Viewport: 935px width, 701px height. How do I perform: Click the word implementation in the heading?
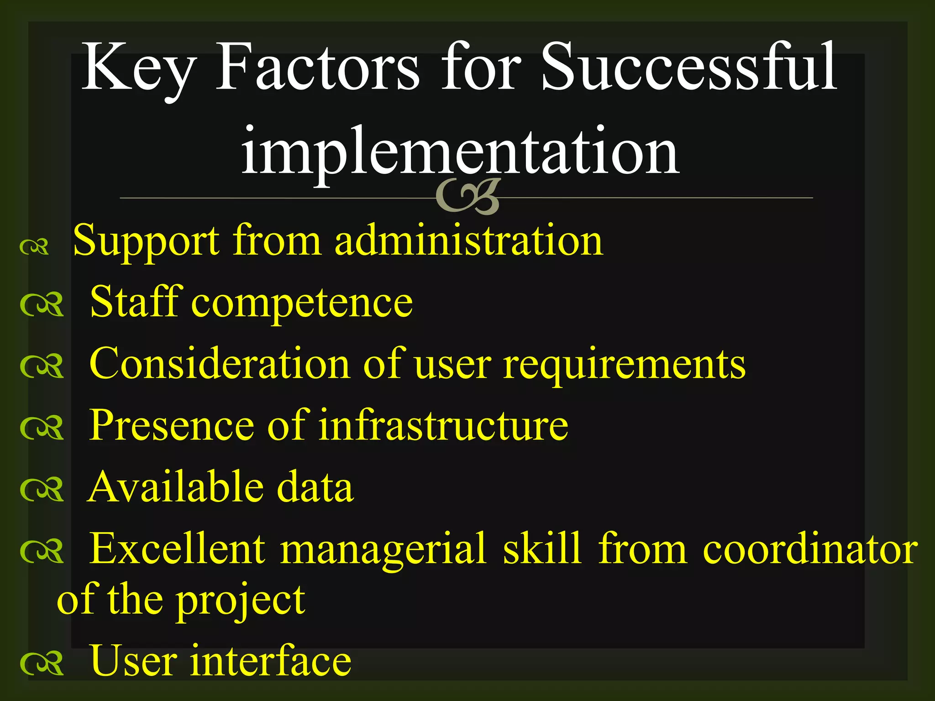[x=460, y=151]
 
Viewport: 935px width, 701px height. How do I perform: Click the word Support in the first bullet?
[x=146, y=241]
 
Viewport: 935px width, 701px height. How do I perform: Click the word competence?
[x=302, y=303]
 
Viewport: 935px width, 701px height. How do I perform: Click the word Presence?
[x=172, y=425]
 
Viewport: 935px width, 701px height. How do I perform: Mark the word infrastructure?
[x=443, y=425]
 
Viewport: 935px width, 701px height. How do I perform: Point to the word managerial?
[x=384, y=550]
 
